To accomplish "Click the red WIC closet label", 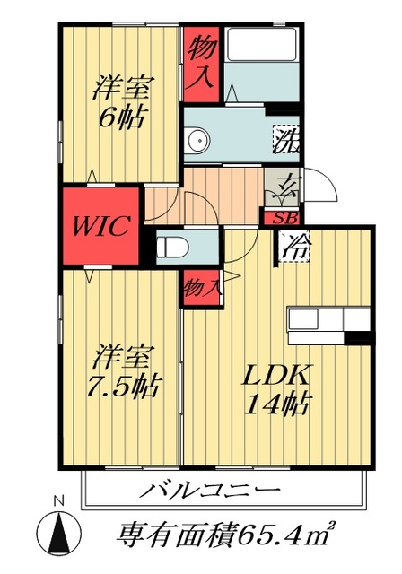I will tap(100, 224).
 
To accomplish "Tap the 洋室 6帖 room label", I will tap(122, 103).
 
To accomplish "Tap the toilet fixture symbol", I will tap(169, 247).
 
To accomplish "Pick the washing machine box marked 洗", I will tap(284, 139).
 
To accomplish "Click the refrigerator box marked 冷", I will tap(293, 246).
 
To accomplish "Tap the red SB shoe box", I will tap(282, 216).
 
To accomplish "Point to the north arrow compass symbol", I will tap(59, 533).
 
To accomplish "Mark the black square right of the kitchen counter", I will tap(359, 338).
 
